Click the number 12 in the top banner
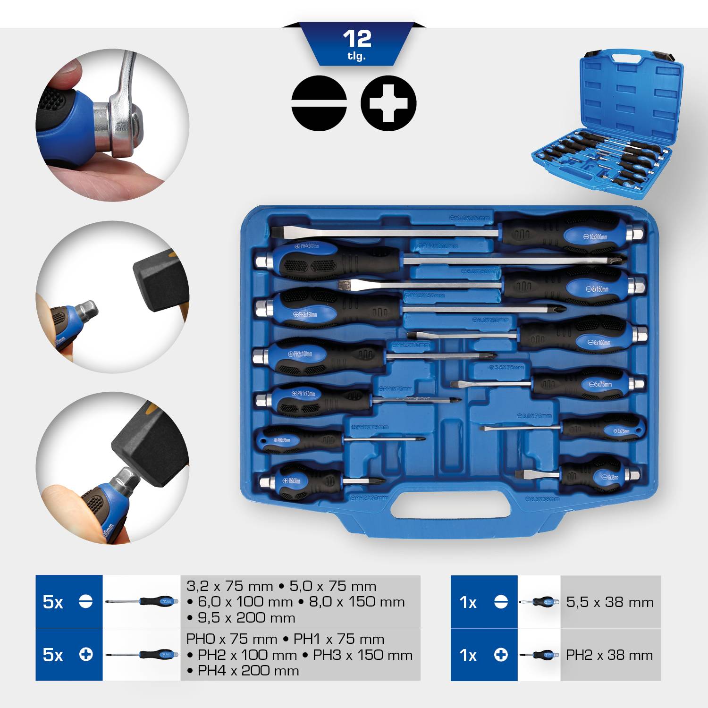[x=357, y=39]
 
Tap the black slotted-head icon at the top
[x=319, y=103]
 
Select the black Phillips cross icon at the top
[x=388, y=103]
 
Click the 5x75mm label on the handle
[x=602, y=384]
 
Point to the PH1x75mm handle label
[x=305, y=393]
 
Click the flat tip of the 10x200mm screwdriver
[x=278, y=232]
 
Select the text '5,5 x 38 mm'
[x=610, y=602]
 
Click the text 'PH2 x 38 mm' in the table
[x=609, y=655]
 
